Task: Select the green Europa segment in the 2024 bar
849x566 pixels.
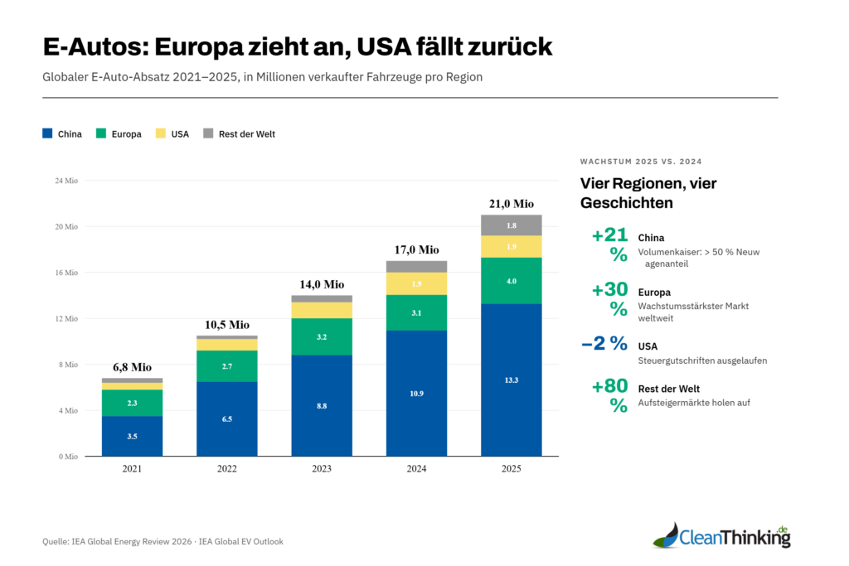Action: coord(416,312)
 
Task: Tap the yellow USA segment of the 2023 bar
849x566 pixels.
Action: coord(322,310)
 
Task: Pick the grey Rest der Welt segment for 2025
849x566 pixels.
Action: coord(512,225)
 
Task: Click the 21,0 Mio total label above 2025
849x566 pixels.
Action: coord(512,204)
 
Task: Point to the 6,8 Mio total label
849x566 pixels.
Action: coord(132,367)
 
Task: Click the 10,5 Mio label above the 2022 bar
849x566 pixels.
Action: coord(226,325)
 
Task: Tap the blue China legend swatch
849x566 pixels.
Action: coord(48,133)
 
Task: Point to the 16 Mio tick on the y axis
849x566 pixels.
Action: coord(66,273)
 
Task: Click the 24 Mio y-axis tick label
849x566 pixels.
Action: coord(66,181)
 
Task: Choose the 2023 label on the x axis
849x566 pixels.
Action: coord(322,469)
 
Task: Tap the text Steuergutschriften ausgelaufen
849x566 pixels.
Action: coord(701,361)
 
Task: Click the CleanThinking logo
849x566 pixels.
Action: coord(720,536)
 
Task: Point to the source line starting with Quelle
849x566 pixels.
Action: coord(163,542)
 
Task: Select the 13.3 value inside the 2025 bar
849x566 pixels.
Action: coord(512,380)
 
